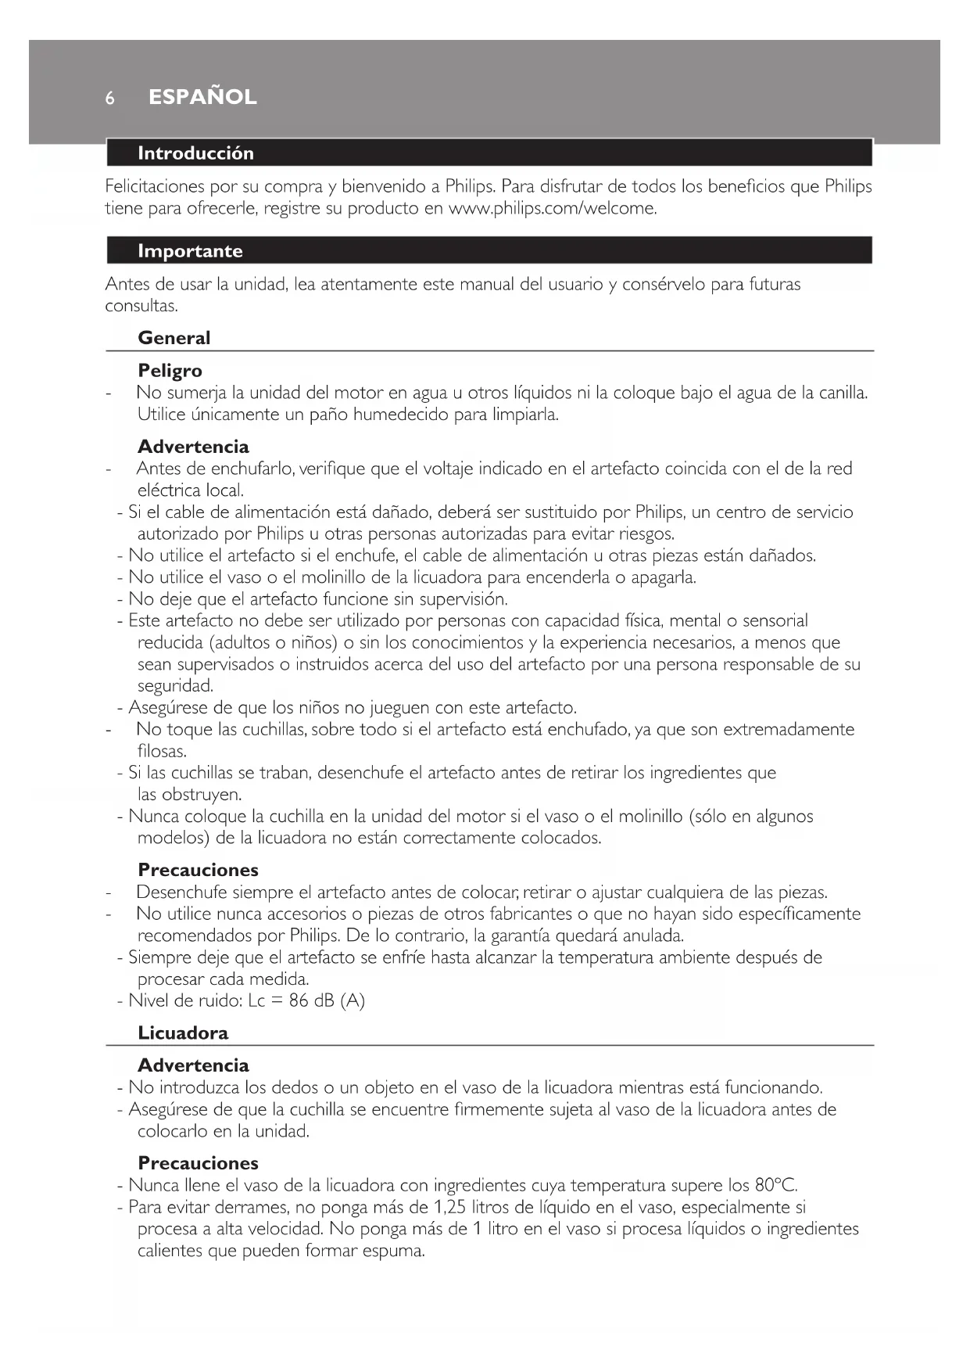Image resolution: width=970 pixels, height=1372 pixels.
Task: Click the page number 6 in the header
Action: [x=110, y=99]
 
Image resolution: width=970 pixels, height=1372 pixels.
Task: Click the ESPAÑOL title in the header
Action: [x=202, y=97]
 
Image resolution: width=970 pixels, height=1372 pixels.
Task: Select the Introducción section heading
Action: [x=195, y=153]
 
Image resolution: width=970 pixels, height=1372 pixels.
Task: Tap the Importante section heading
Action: [x=190, y=251]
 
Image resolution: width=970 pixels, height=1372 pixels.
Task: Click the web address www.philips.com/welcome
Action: [x=552, y=209]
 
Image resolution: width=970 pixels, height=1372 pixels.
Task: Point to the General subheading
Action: [x=174, y=338]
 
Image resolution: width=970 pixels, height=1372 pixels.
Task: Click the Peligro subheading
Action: [x=170, y=371]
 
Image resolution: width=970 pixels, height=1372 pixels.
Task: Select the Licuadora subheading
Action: [x=183, y=1033]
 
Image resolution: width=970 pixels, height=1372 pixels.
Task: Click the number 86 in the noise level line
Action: [x=299, y=1000]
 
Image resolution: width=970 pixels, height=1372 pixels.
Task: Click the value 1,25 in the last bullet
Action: [x=449, y=1207]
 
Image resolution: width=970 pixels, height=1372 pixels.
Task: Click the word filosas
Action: [x=162, y=752]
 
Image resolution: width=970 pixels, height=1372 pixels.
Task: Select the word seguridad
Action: [x=175, y=686]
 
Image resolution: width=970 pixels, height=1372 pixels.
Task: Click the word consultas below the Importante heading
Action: [x=141, y=306]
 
